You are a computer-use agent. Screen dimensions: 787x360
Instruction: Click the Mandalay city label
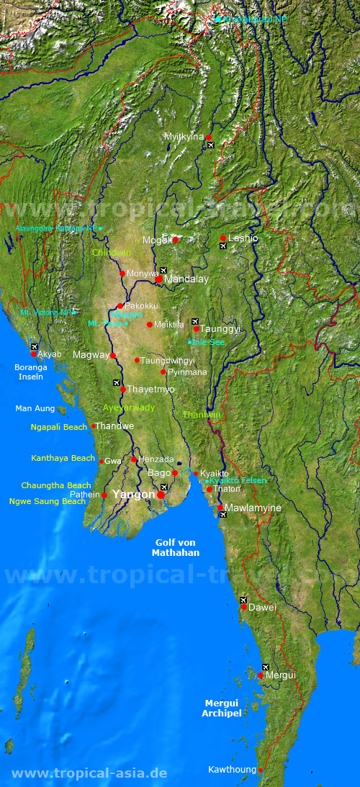186,279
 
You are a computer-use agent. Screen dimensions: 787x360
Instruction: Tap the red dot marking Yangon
161,495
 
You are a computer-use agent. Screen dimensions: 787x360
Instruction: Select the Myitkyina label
184,136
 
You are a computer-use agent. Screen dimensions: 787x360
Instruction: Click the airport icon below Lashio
223,246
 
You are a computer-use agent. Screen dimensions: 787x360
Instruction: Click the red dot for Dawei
244,607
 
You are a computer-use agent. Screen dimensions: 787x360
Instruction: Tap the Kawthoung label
232,770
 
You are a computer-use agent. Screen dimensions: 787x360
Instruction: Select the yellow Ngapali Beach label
59,427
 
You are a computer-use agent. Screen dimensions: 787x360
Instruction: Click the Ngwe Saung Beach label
48,501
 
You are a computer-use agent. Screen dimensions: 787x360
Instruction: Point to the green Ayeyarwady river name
128,408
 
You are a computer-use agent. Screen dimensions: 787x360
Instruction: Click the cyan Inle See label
208,342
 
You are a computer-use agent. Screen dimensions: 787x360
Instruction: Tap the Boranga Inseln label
30,372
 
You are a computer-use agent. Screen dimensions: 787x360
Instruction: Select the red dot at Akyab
34,354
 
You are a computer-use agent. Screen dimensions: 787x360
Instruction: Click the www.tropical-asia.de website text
90,773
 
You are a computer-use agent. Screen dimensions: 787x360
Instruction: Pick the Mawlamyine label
253,508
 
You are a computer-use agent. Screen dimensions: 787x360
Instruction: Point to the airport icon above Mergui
266,667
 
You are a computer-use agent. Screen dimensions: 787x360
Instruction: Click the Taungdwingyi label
167,360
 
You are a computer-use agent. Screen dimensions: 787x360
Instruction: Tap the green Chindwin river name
111,253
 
